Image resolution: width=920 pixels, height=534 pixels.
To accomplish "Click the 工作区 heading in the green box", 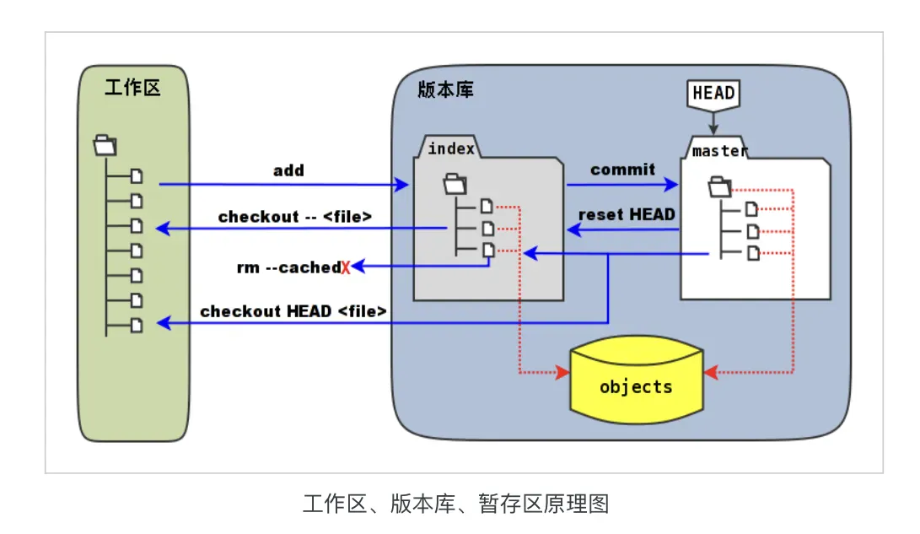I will click(x=132, y=88).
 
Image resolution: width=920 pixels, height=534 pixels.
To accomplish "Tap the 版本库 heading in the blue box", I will click(x=445, y=89).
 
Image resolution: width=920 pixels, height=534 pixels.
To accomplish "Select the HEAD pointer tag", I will click(x=713, y=93).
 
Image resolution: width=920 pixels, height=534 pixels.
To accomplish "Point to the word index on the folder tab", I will click(x=451, y=149).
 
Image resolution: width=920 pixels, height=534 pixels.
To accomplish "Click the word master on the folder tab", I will click(x=719, y=151).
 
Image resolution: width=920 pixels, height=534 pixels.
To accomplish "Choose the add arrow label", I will click(x=288, y=170).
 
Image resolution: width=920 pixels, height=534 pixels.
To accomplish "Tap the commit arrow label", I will click(x=622, y=170).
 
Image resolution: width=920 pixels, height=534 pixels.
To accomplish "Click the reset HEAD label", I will click(x=627, y=214).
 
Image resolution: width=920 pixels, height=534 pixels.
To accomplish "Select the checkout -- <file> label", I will click(x=295, y=217).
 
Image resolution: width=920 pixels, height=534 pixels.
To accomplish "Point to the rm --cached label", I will click(x=288, y=267).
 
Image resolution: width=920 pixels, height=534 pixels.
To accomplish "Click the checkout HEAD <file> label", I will click(x=293, y=311).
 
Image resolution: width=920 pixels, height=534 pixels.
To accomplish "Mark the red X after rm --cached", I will click(x=346, y=268).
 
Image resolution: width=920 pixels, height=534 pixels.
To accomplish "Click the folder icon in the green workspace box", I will click(x=105, y=144).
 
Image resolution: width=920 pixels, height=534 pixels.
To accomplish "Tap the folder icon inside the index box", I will click(x=455, y=182).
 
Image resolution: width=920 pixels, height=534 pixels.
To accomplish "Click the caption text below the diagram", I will click(x=455, y=504).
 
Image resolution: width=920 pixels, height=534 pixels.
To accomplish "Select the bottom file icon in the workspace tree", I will click(x=137, y=325).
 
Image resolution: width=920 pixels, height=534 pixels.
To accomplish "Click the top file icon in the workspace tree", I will click(x=137, y=176).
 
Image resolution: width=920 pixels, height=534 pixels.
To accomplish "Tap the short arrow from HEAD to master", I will click(x=713, y=123).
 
